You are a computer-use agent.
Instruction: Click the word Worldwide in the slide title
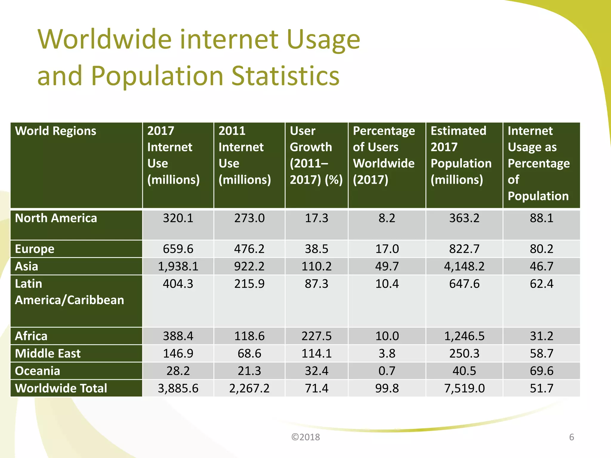[x=104, y=39]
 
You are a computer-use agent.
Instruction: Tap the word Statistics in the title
[x=286, y=76]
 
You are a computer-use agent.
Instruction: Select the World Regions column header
[x=55, y=131]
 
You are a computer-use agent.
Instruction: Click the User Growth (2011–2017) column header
[x=316, y=155]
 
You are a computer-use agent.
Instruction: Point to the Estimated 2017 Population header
[x=461, y=155]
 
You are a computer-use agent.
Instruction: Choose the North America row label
[x=56, y=218]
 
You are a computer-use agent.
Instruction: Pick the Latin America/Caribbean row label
[x=69, y=292]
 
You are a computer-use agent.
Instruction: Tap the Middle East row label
[x=48, y=354]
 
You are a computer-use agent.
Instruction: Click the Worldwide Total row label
[x=61, y=388]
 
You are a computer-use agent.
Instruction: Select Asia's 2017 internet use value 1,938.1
[x=178, y=266]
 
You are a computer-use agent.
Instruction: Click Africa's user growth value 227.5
[x=316, y=336]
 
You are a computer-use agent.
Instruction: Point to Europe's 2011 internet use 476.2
[x=249, y=249]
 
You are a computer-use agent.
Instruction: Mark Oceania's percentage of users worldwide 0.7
[x=387, y=371]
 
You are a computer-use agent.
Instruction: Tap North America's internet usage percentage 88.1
[x=541, y=218]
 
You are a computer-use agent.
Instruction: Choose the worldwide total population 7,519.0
[x=464, y=388]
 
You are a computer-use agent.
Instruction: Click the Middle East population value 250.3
[x=464, y=354]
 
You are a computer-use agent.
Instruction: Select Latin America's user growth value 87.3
[x=316, y=284]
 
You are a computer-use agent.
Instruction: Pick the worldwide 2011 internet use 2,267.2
[x=249, y=388]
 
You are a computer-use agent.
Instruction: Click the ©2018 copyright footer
[x=305, y=437]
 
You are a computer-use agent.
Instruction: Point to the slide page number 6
[x=572, y=437]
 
